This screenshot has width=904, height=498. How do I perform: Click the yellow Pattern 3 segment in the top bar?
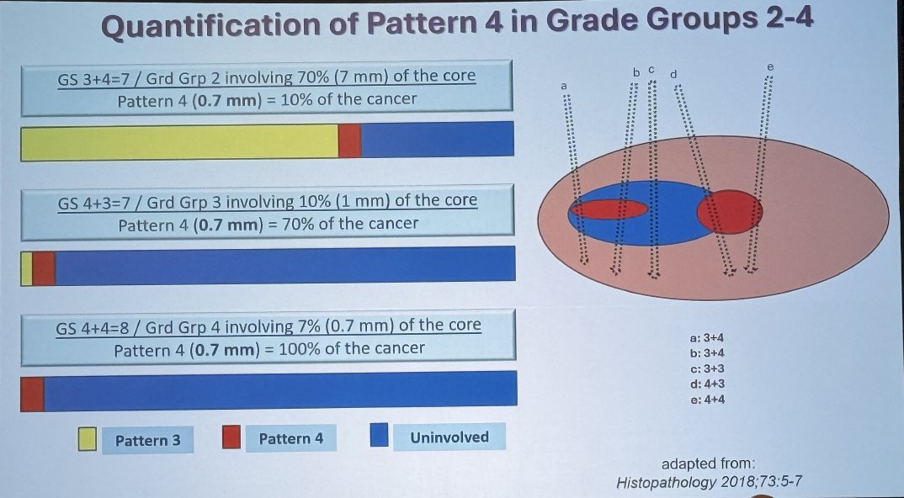point(179,142)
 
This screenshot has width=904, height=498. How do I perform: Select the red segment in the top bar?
point(350,140)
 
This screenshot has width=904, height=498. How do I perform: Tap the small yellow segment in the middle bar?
point(27,268)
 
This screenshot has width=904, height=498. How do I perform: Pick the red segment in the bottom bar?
point(32,395)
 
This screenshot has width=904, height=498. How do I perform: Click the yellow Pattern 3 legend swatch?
point(87,439)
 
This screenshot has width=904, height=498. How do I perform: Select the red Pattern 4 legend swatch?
point(231,437)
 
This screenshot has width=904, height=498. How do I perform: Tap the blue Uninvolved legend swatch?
point(379,435)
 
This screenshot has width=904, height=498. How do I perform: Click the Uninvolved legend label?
point(449,437)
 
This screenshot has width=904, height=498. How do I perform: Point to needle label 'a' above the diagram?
point(565,86)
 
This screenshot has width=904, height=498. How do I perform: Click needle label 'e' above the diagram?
point(769,66)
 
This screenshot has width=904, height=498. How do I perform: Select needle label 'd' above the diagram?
point(673,74)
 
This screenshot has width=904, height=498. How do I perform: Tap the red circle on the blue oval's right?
point(730,212)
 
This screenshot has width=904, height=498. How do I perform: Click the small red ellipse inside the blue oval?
point(609,209)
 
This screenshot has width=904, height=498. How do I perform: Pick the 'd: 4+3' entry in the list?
point(707,384)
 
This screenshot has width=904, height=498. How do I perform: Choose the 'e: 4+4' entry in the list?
point(707,400)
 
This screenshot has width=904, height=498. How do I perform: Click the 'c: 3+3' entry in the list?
point(707,369)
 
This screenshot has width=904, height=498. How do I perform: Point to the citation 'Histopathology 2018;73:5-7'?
point(709,482)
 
